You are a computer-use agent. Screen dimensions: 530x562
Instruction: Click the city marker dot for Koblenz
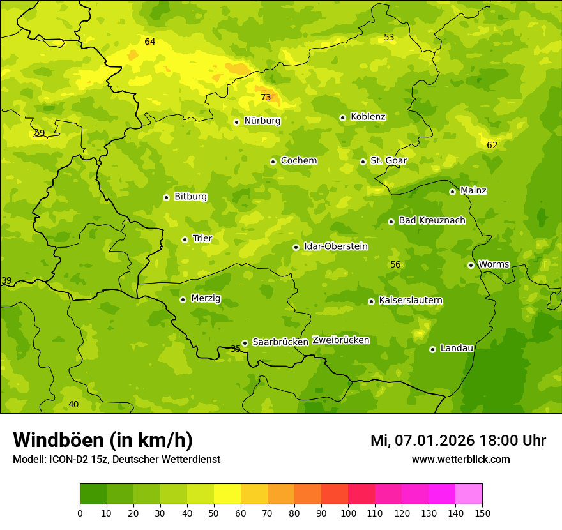tap(342, 117)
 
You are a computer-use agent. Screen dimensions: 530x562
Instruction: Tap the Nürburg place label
tap(262, 121)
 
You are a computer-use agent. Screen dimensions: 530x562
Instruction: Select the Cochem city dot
tap(273, 162)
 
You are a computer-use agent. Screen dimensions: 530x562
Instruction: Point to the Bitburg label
tap(190, 197)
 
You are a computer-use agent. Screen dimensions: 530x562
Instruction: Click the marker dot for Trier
tap(185, 239)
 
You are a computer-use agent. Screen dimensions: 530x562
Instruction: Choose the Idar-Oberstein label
tap(335, 246)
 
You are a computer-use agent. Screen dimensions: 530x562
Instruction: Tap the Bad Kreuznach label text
tap(432, 220)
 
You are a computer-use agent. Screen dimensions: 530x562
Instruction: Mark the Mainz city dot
tap(452, 192)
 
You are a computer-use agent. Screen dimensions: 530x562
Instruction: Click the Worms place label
tap(494, 264)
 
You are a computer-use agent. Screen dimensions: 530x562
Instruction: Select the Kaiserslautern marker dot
tap(371, 301)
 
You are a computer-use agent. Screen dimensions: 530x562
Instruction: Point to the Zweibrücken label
tap(340, 340)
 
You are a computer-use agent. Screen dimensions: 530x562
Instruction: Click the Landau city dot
tap(432, 349)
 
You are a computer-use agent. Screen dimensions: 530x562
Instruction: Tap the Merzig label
tap(206, 298)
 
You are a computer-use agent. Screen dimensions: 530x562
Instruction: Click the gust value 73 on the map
tap(266, 98)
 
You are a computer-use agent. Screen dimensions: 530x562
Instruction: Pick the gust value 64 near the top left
tap(149, 42)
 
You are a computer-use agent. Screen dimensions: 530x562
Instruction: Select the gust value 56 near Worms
tap(395, 265)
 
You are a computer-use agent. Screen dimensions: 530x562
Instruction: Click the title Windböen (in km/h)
tap(103, 440)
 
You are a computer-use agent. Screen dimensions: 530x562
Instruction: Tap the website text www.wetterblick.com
tap(460, 459)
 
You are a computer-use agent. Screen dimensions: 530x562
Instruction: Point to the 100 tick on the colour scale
tap(348, 513)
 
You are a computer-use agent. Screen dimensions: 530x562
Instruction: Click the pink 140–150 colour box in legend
tap(469, 494)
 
